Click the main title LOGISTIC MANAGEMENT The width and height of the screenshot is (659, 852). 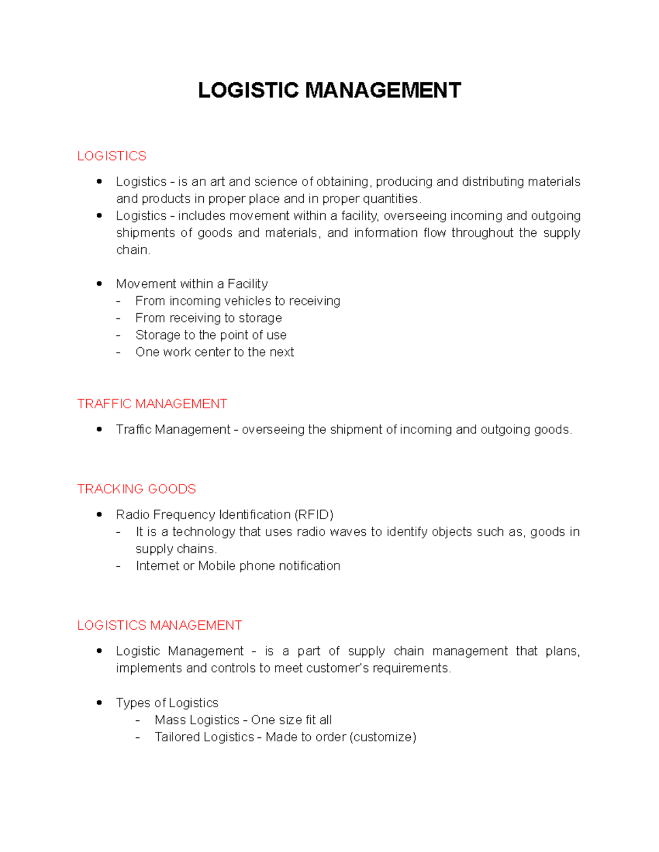coord(329,91)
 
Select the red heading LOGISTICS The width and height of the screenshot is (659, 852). coord(111,156)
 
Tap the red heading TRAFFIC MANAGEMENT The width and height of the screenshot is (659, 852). coord(152,404)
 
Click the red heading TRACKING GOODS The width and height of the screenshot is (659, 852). coord(136,489)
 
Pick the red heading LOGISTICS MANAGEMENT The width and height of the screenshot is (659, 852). coord(159,626)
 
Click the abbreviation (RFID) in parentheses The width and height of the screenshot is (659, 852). coord(314,515)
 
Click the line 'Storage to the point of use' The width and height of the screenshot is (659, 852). coord(211,335)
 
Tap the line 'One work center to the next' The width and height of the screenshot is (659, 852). coord(215,352)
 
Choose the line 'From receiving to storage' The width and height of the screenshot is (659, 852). coord(209,318)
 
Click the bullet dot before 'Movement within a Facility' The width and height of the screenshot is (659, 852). coord(99,284)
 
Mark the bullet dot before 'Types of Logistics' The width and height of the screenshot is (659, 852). coord(99,703)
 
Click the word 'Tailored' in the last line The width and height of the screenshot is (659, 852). coord(176,737)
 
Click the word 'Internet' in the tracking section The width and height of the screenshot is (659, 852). coord(157,566)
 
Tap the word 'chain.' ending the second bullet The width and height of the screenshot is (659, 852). coord(133,250)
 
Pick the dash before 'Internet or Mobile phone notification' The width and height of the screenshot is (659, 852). coord(119,566)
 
